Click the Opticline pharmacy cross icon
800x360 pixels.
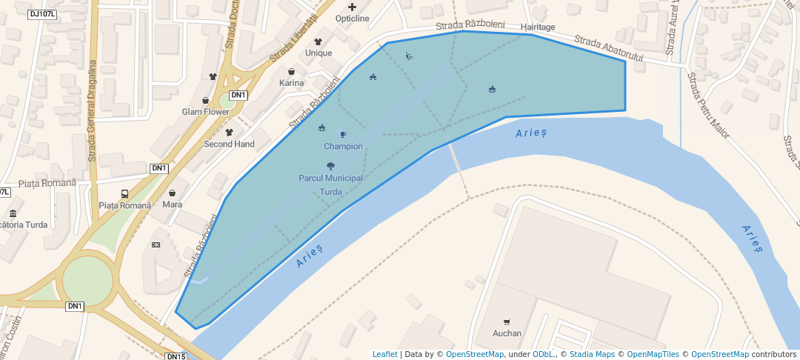(x=352, y=7)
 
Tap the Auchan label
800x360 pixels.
(x=507, y=333)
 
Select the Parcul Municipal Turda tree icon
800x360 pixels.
(x=330, y=167)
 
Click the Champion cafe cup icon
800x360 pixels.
(x=343, y=134)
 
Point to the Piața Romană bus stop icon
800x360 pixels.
(x=124, y=194)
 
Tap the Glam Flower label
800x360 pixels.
(x=206, y=112)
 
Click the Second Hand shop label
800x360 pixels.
(x=229, y=144)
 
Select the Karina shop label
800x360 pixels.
(x=292, y=83)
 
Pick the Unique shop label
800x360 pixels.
(x=319, y=53)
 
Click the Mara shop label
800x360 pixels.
(x=172, y=204)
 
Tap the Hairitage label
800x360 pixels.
(x=537, y=27)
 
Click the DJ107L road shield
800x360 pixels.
(x=43, y=14)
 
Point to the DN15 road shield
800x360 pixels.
(x=176, y=356)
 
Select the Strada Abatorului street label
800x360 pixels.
(x=610, y=48)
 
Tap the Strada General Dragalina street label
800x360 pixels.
(x=93, y=111)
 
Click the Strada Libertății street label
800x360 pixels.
(x=293, y=38)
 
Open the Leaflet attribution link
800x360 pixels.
(x=384, y=355)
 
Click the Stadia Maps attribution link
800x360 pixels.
(x=592, y=355)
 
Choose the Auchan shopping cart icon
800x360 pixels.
(x=507, y=321)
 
